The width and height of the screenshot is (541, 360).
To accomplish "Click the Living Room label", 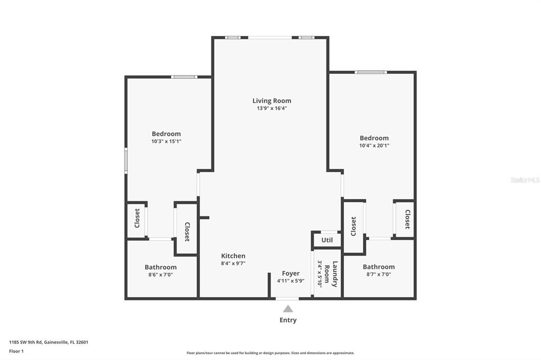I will (x=272, y=101).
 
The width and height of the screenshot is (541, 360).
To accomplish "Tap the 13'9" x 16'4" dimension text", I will (x=272, y=108).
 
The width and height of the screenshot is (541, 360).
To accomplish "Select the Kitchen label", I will (x=233, y=256).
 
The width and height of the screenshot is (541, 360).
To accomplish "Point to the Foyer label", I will (x=291, y=273).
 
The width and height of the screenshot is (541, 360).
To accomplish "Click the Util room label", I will (x=327, y=240).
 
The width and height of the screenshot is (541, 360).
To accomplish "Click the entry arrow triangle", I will (x=288, y=309).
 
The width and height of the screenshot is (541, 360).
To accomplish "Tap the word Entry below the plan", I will (x=288, y=320).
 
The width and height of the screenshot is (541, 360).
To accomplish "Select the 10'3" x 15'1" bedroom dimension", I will (x=166, y=141).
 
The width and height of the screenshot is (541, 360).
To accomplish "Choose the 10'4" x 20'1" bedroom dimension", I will (x=374, y=146).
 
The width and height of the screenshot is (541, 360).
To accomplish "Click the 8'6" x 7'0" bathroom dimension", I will (x=161, y=274).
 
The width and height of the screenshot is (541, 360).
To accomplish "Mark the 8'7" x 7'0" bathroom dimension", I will (x=378, y=274).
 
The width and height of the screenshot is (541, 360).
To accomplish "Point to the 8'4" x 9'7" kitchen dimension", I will (x=233, y=263).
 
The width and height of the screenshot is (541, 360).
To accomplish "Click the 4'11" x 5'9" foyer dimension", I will (x=291, y=281).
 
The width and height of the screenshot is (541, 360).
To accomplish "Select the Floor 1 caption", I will (x=16, y=351).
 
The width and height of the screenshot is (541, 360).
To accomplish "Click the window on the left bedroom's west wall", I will (x=126, y=160).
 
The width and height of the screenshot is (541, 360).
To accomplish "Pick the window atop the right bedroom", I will (x=371, y=72).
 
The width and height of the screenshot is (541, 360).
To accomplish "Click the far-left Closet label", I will (x=137, y=218).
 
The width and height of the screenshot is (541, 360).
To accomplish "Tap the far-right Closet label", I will (x=407, y=219).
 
